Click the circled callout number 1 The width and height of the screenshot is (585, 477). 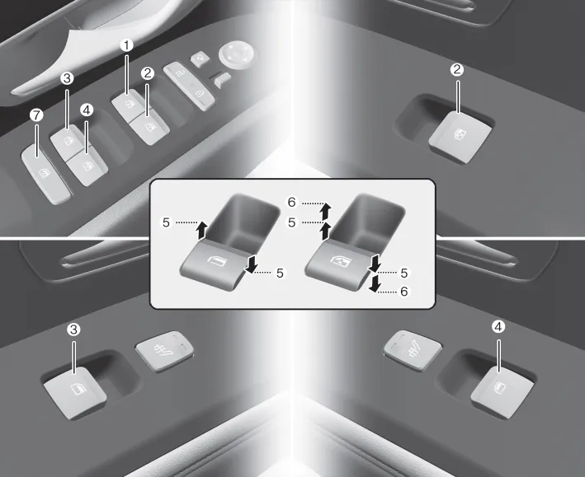(126, 45)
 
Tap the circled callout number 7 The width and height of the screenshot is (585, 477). (36, 115)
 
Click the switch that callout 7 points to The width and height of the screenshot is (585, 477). (45, 175)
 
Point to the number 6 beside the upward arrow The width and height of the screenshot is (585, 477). (291, 203)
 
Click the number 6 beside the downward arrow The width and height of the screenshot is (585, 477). (404, 291)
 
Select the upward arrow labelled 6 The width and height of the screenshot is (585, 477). (325, 211)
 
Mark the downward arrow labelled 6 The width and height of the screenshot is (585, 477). (375, 284)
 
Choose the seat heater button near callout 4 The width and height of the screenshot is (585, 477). (413, 350)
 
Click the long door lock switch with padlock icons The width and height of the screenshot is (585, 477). (189, 86)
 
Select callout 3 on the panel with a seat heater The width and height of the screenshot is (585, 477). (73, 330)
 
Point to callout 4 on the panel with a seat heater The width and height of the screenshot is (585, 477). (498, 327)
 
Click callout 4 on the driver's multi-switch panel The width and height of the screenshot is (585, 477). (87, 110)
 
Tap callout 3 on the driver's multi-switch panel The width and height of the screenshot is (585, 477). (67, 78)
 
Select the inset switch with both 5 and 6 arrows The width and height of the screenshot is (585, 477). (338, 264)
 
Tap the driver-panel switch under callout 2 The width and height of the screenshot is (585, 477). (150, 129)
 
